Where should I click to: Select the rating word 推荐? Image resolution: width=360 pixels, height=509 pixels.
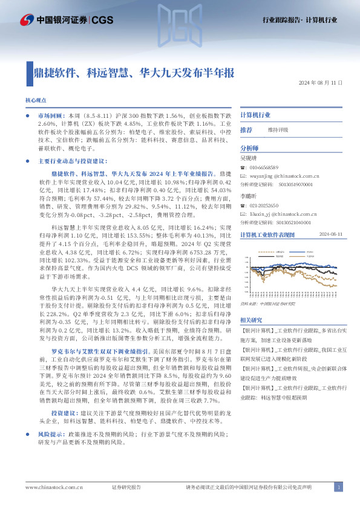(246, 130)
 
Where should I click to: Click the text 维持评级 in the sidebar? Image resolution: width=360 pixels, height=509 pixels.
(278, 130)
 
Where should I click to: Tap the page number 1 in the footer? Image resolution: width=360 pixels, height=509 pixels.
(339, 487)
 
